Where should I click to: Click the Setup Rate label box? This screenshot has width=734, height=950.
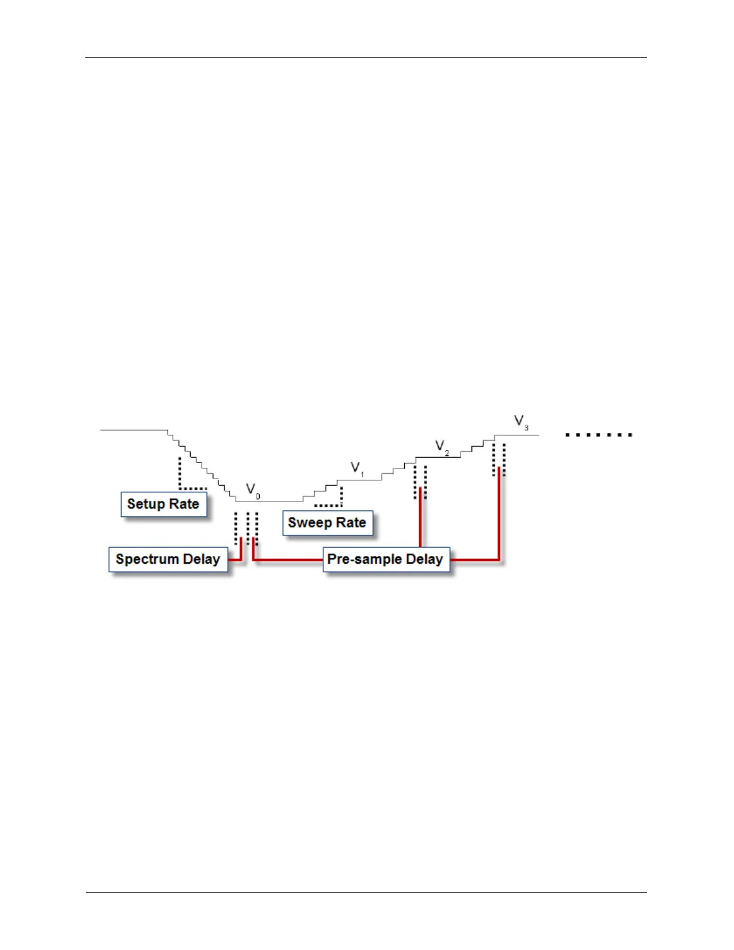(164, 504)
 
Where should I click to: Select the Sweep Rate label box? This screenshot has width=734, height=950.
(327, 523)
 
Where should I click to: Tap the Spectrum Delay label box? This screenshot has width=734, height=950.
(168, 560)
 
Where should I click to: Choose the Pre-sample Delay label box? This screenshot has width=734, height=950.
(386, 560)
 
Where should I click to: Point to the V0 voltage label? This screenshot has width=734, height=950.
(252, 490)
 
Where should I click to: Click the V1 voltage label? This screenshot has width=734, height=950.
(357, 468)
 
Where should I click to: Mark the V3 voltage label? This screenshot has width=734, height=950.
(521, 422)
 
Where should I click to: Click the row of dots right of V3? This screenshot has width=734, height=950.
(598, 435)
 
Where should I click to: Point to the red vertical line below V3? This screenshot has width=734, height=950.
(499, 513)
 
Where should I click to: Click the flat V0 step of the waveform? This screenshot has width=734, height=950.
(270, 501)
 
